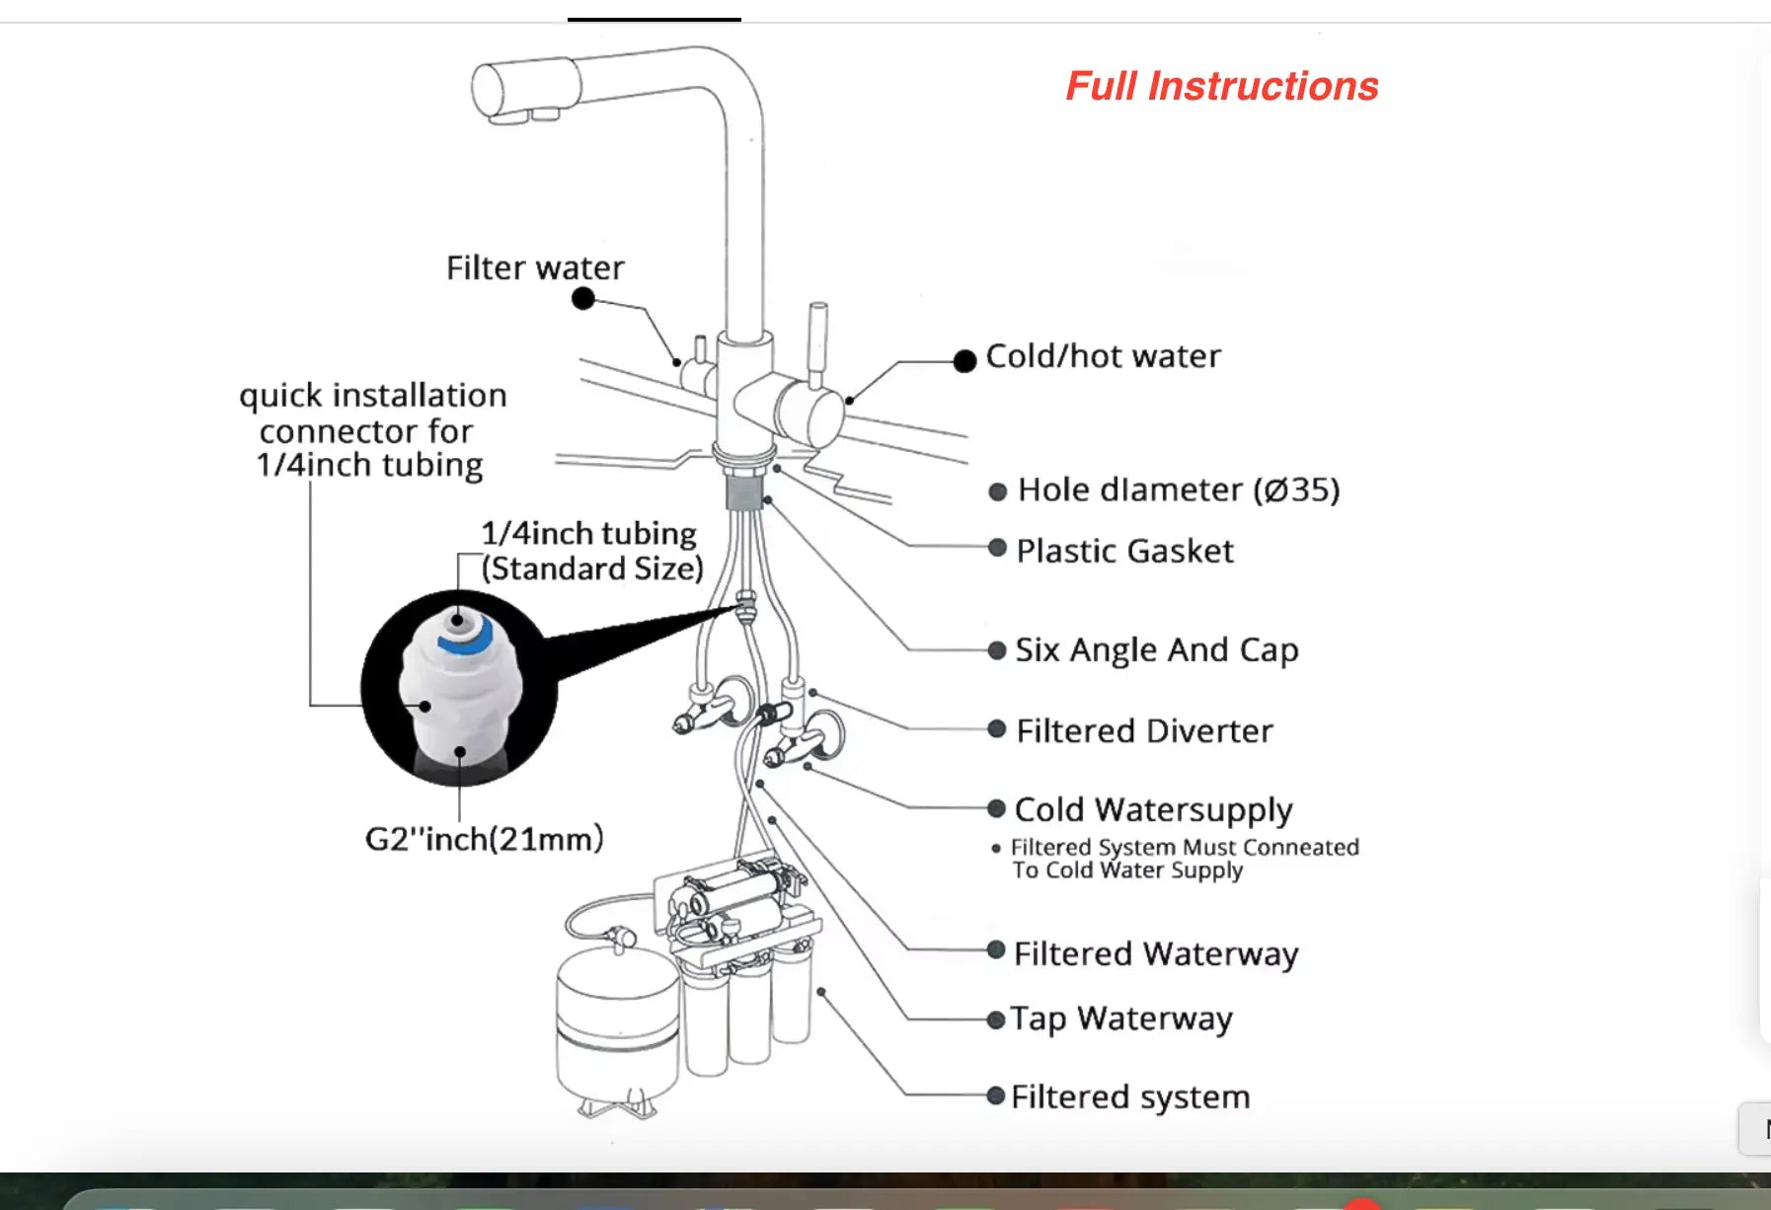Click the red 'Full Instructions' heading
(1221, 87)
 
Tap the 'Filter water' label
(535, 267)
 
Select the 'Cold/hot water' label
(1103, 356)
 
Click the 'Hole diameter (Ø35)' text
(1178, 490)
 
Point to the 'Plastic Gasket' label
(1124, 551)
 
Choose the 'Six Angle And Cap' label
(1156, 649)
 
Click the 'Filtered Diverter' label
(1144, 730)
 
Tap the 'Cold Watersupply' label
(1153, 809)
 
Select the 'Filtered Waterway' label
(1155, 953)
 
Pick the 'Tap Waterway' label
(1121, 1019)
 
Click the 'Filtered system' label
(1130, 1097)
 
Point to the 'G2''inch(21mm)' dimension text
(484, 839)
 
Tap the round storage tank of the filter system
(616, 1026)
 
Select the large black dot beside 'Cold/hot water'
(964, 361)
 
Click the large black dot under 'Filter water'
(583, 298)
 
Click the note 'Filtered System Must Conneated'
(1185, 847)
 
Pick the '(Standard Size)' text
(592, 568)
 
